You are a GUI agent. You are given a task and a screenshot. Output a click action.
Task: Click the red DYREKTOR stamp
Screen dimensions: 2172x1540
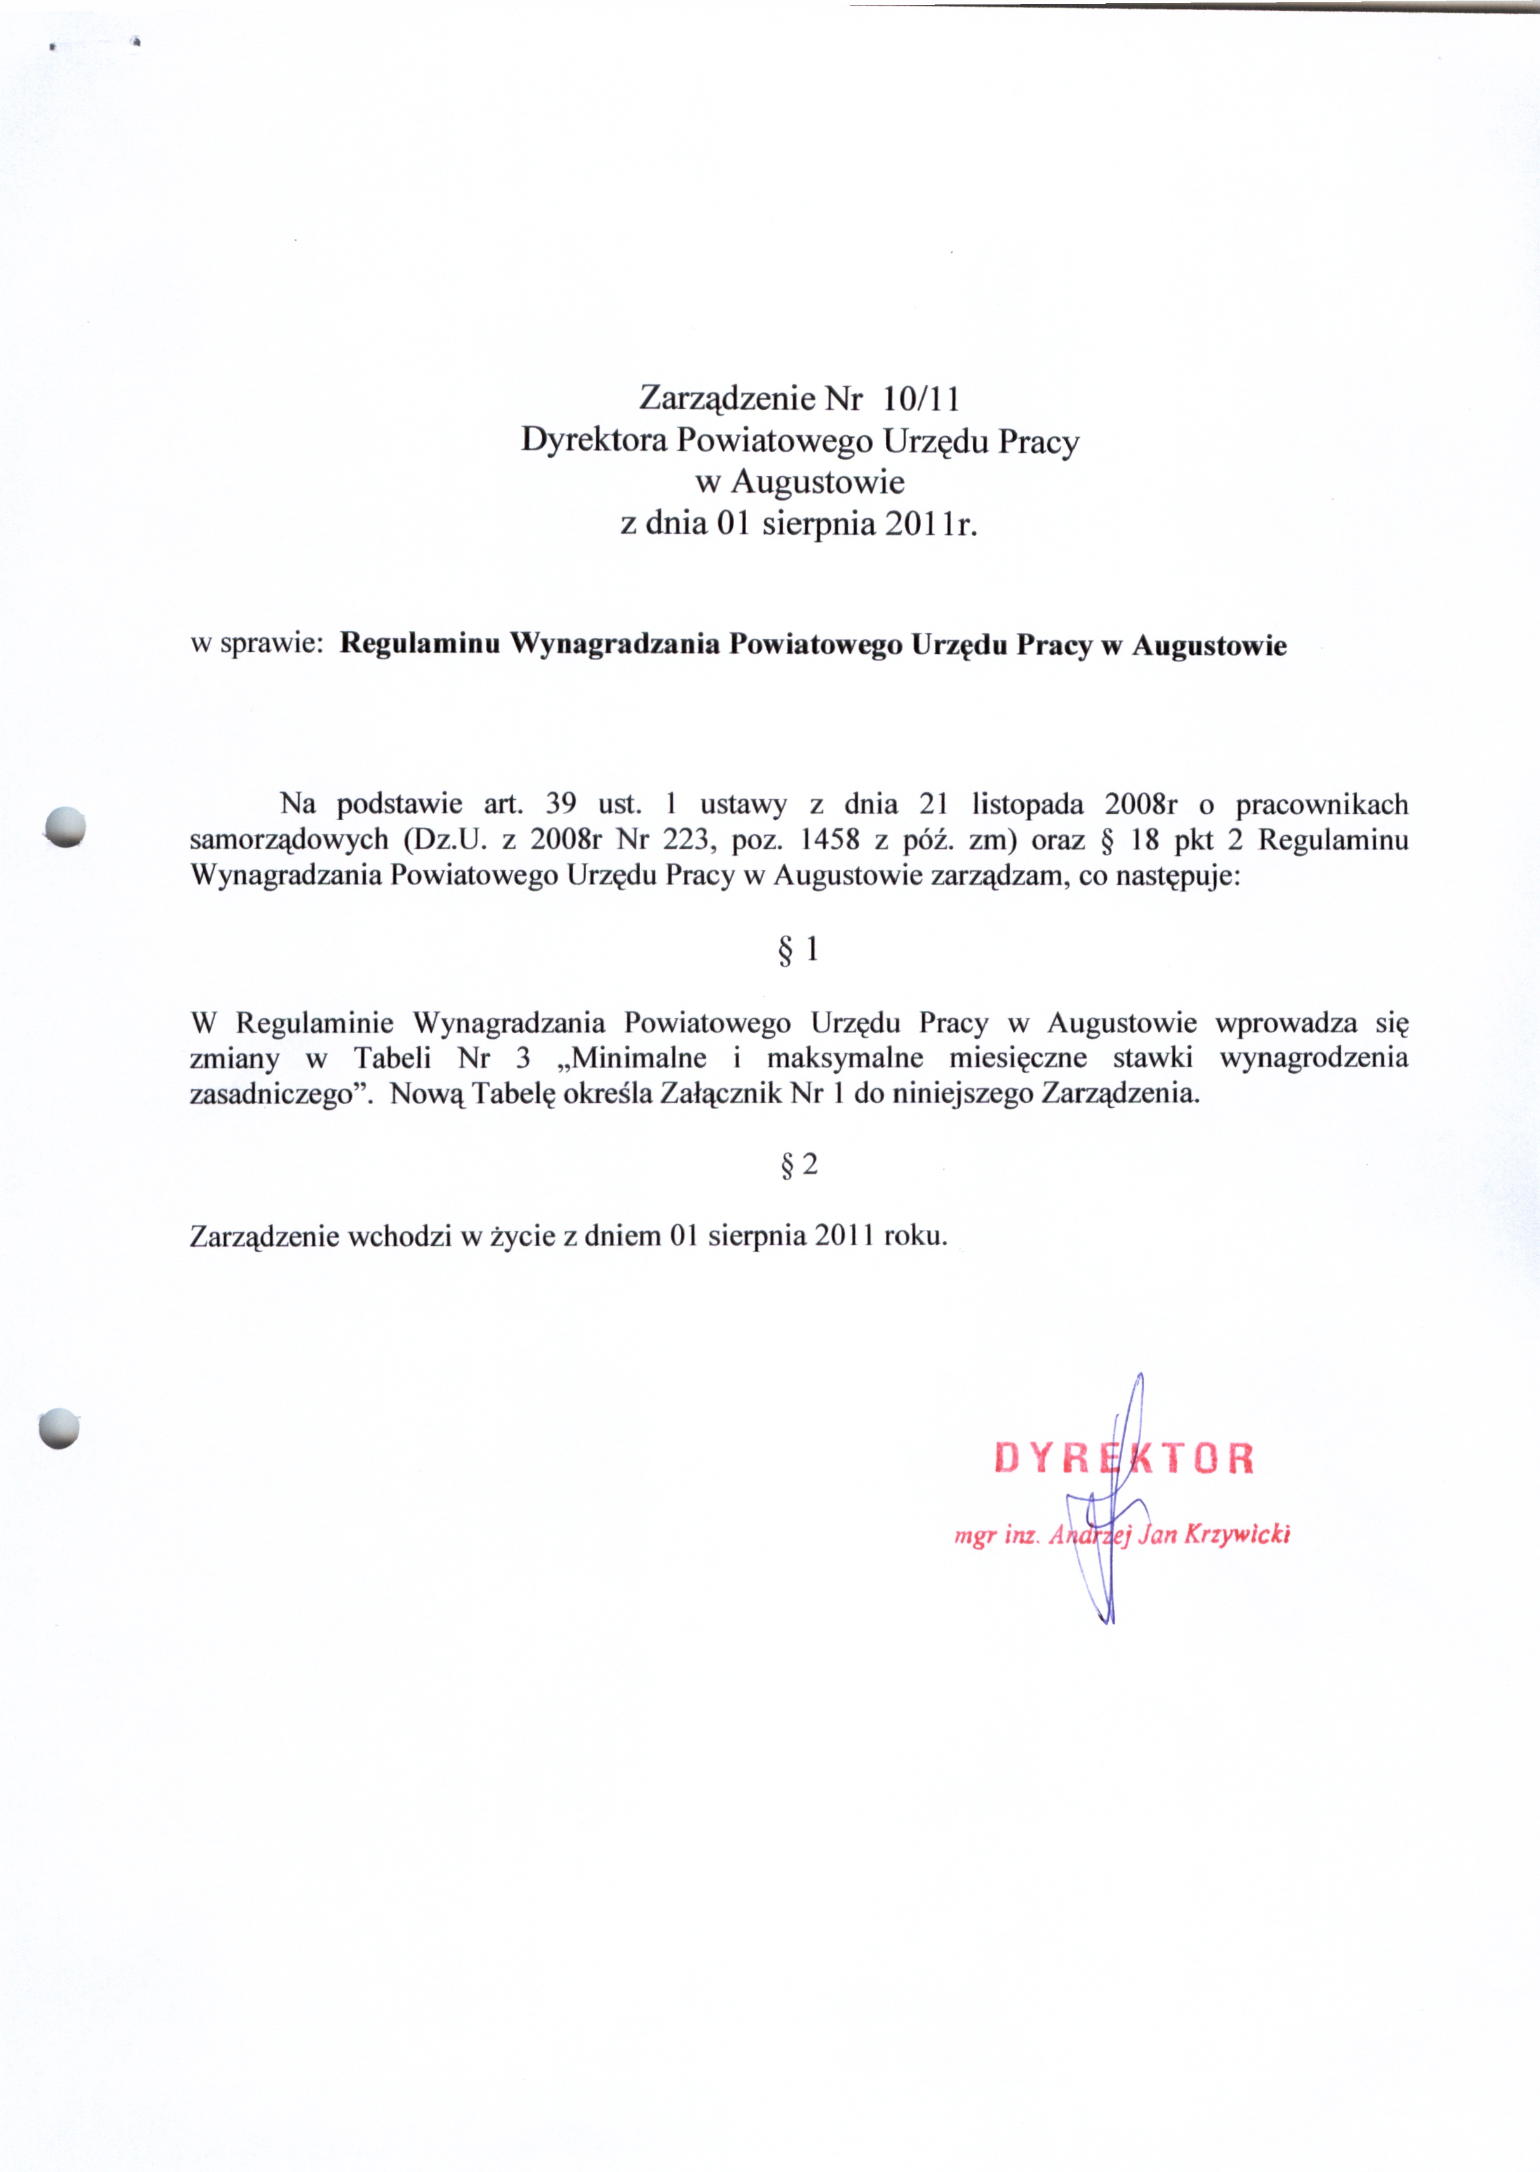[x=1123, y=1459]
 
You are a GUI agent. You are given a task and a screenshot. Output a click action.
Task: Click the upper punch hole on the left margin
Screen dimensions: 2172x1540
[x=65, y=825]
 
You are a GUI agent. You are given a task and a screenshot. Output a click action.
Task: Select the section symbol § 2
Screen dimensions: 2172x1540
[x=798, y=1164]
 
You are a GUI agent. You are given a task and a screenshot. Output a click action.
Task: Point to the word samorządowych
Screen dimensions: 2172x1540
[x=289, y=840]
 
